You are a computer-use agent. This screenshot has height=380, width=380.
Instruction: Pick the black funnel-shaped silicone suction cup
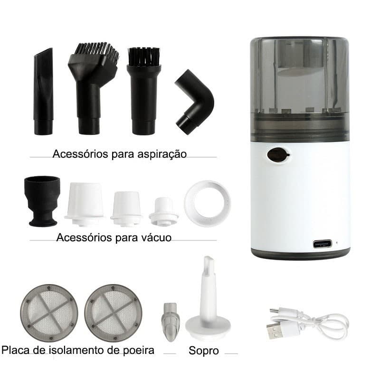click(x=42, y=200)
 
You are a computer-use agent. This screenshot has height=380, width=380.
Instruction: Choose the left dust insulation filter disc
click(x=49, y=313)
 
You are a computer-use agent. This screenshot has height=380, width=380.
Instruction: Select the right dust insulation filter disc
click(x=113, y=313)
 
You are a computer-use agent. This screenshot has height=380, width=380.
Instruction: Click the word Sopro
click(x=204, y=351)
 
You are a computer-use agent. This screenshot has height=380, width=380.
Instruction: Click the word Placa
click(x=17, y=351)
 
